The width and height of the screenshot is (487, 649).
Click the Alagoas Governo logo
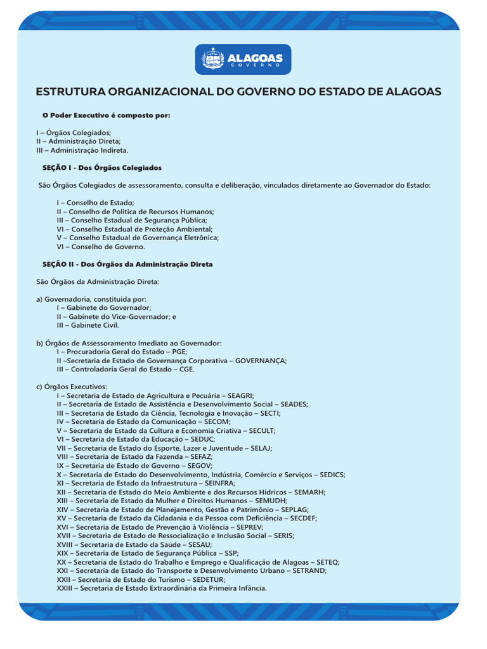(243, 60)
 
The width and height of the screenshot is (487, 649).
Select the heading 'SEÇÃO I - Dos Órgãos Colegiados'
(101, 168)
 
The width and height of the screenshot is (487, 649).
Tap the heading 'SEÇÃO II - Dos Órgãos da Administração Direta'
(127, 264)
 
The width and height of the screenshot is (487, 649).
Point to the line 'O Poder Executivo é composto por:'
(106, 115)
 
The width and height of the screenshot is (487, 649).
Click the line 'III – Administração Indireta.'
(82, 150)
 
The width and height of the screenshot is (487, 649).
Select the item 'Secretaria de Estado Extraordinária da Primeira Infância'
(162, 588)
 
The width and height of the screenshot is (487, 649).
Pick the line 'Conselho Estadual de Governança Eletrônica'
(138, 238)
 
